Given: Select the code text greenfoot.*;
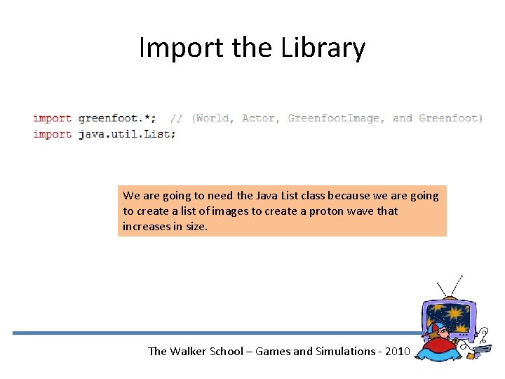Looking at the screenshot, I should [x=117, y=118].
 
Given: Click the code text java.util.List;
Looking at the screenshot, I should [x=127, y=133].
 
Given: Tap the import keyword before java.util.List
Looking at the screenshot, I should [x=52, y=133].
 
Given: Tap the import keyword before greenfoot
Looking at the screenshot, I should [x=52, y=118].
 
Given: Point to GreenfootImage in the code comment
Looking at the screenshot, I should [x=335, y=118].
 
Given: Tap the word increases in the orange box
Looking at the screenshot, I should [x=147, y=226].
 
